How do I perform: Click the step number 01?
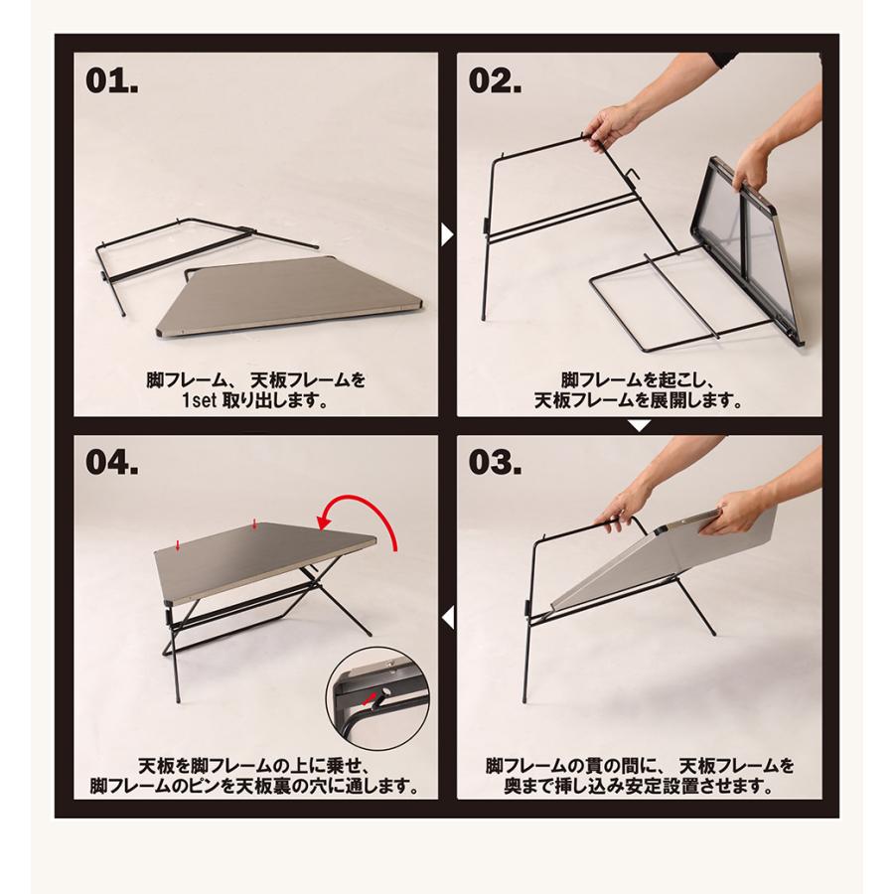111,81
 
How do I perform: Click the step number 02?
495,81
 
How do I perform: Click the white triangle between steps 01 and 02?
448,234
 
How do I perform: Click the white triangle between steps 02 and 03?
639,425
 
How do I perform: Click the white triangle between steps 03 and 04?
448,618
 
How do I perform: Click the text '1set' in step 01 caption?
199,401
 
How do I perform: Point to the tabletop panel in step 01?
290,300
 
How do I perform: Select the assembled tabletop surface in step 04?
267,561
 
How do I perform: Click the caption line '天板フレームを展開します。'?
639,401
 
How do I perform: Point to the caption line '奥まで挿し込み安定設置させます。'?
639,787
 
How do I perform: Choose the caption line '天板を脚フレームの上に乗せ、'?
256,765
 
